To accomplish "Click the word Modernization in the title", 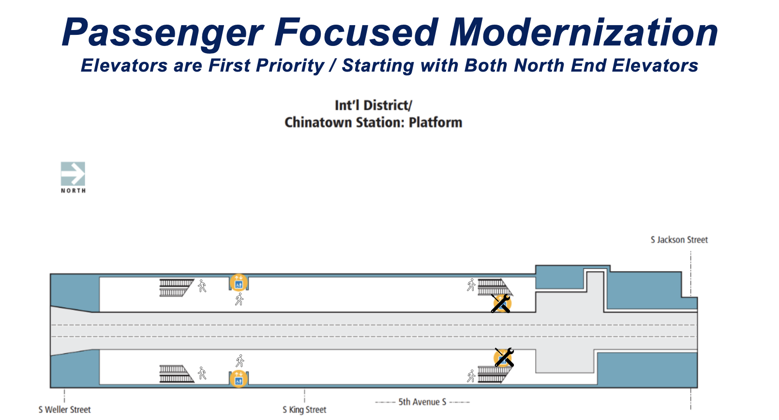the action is point(584,32).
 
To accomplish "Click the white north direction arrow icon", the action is point(73,174).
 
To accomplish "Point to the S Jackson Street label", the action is point(679,240).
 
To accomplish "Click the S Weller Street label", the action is point(64,409).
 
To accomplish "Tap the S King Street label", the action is point(304,409).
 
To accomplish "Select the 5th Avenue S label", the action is point(422,402).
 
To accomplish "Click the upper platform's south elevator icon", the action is point(239,282).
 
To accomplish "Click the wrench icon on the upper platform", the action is point(501,303).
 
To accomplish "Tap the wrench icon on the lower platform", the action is point(504,357).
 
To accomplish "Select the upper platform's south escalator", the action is point(176,287).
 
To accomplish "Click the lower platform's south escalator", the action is point(176,374).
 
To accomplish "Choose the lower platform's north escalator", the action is point(494,374).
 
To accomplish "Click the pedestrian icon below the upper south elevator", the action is point(239,299).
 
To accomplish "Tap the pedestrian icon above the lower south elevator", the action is point(240,361).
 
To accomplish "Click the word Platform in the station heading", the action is point(435,123).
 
